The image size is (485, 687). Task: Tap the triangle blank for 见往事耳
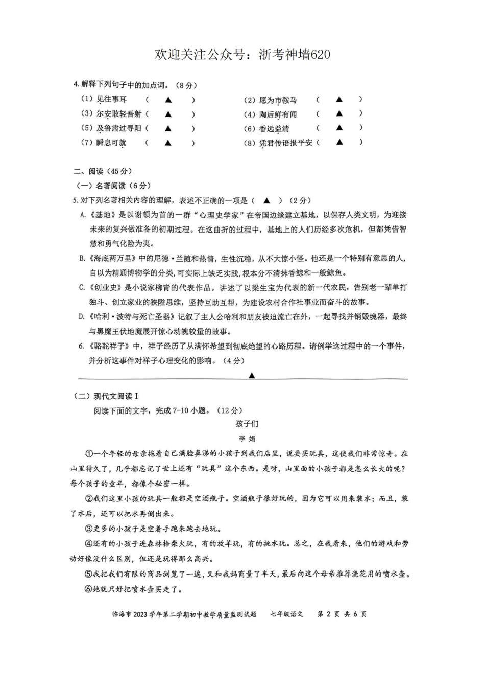tap(168, 100)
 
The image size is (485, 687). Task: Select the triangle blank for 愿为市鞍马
tap(339, 100)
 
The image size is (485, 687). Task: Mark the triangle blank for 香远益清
tap(339, 128)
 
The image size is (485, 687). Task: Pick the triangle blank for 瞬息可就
tap(168, 143)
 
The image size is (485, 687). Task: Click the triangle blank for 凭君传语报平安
tap(339, 142)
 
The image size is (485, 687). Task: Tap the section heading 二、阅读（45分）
tap(102, 172)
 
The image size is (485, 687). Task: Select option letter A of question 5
tap(83, 215)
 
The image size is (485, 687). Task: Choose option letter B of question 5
tap(82, 259)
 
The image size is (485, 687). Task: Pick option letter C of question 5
tap(82, 288)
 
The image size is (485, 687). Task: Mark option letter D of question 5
tap(82, 317)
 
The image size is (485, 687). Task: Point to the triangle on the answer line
tap(252, 376)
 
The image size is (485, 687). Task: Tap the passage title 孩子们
tap(247, 424)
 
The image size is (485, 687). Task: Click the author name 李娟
tap(247, 439)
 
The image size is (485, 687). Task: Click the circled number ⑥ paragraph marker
tap(88, 589)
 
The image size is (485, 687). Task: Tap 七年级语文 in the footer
tap(287, 614)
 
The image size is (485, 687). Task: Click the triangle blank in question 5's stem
tap(266, 201)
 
